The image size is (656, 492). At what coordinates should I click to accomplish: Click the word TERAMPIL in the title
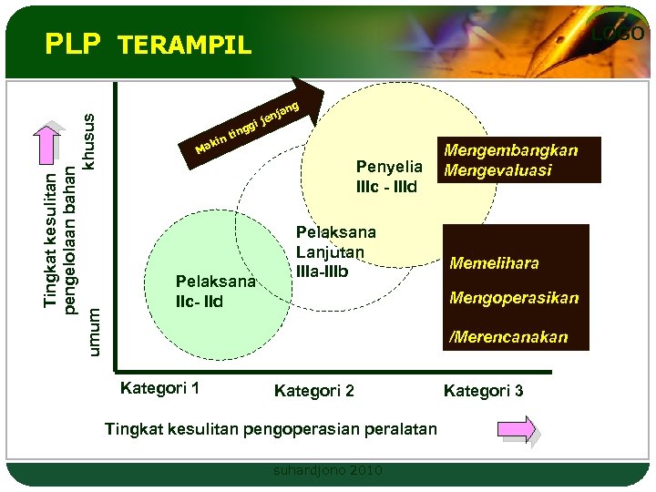[x=185, y=46]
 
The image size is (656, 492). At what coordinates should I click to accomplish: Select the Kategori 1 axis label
[x=159, y=389]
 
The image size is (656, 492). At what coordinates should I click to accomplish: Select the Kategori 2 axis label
[x=314, y=391]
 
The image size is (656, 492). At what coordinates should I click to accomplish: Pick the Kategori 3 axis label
[x=483, y=391]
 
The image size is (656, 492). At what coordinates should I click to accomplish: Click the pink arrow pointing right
[x=518, y=429]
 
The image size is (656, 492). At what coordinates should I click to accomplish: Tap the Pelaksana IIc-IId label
[x=215, y=291]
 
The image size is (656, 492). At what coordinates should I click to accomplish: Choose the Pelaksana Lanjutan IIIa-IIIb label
[x=330, y=251]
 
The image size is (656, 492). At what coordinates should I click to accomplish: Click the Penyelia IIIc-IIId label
[x=389, y=177]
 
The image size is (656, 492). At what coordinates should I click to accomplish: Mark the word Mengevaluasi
[x=497, y=170]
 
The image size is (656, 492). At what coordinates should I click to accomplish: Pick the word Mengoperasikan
[x=514, y=298]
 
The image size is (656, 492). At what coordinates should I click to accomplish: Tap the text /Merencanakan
[x=507, y=336]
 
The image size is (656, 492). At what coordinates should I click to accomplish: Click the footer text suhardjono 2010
[x=328, y=470]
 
